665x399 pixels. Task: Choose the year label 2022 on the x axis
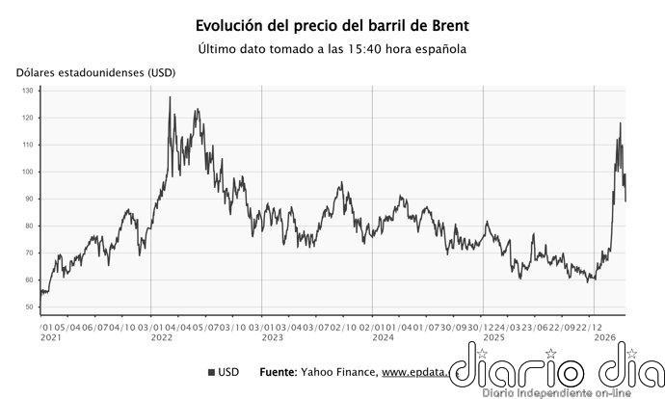pos(162,338)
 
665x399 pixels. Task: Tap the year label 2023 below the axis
pos(273,338)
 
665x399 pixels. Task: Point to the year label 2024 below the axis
pos(384,338)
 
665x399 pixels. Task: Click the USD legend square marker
pos(211,372)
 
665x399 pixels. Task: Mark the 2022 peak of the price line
pos(171,97)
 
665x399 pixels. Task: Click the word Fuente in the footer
pos(279,372)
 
